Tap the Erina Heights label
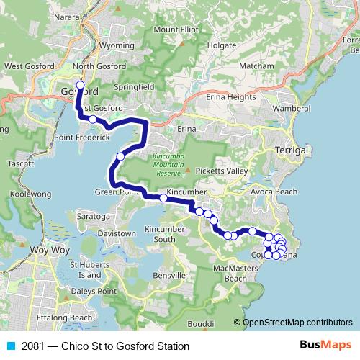tap(231, 96)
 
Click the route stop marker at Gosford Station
tap(80, 86)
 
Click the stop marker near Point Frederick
tap(93, 119)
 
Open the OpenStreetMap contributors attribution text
tap(297, 323)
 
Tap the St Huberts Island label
tap(90, 270)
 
